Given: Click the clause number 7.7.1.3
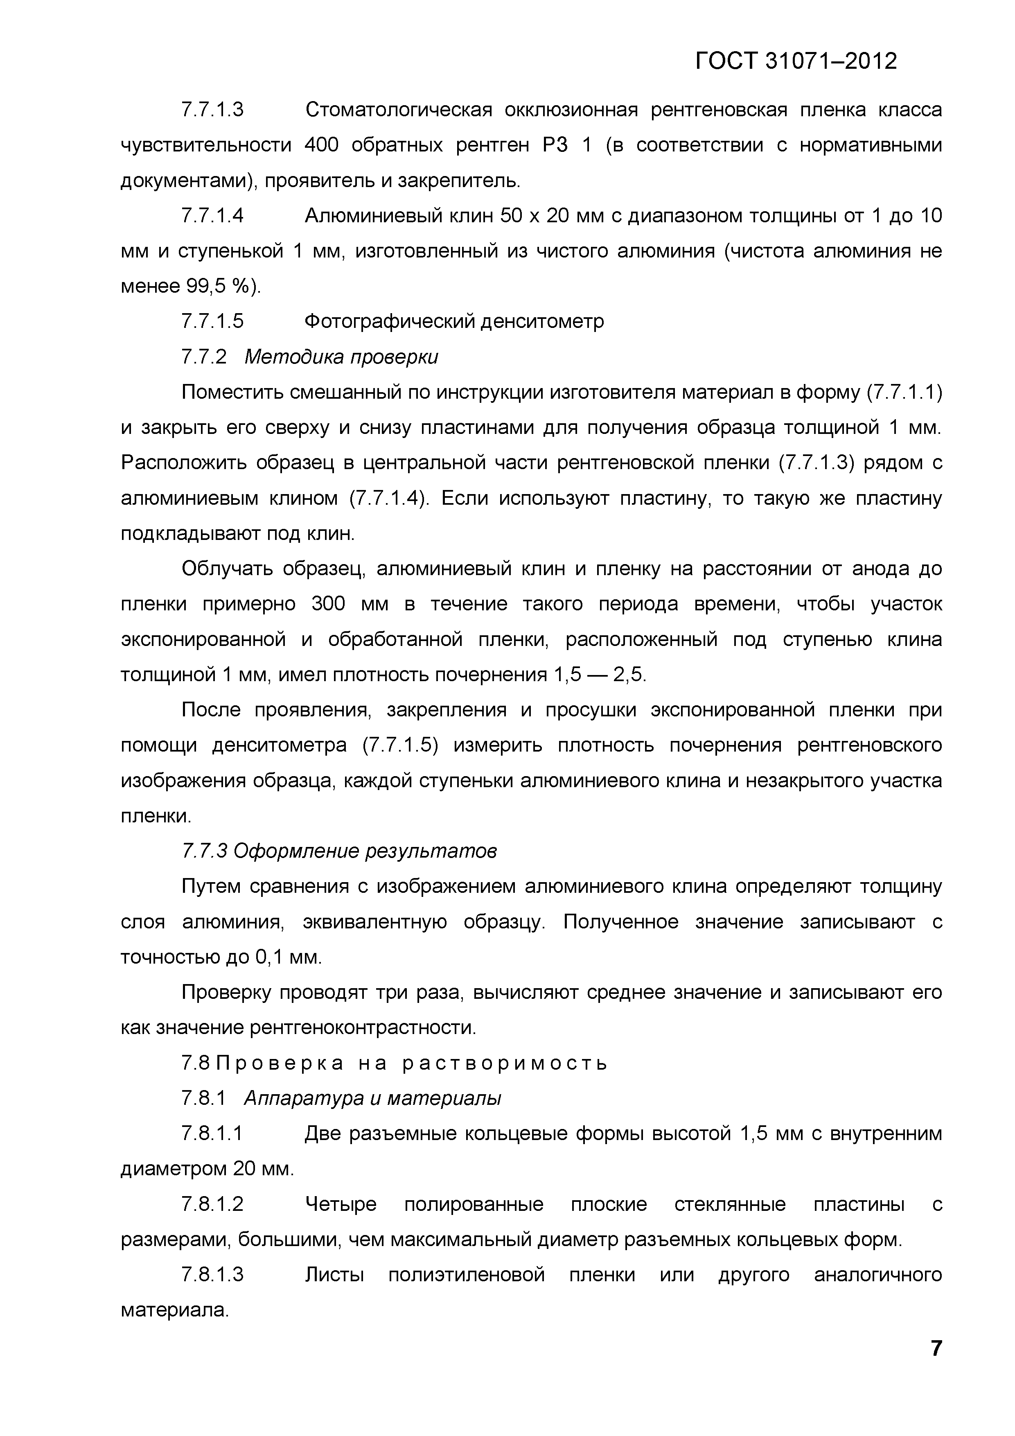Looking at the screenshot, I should (x=212, y=110).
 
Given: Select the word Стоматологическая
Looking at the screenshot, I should (x=398, y=110).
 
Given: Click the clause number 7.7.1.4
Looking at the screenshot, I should (x=212, y=216).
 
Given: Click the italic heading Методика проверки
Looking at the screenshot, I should (x=341, y=357).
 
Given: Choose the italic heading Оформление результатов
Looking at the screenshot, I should (x=365, y=851).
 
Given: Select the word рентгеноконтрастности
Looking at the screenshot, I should (x=363, y=1027).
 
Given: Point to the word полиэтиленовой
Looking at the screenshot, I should (x=467, y=1275).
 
